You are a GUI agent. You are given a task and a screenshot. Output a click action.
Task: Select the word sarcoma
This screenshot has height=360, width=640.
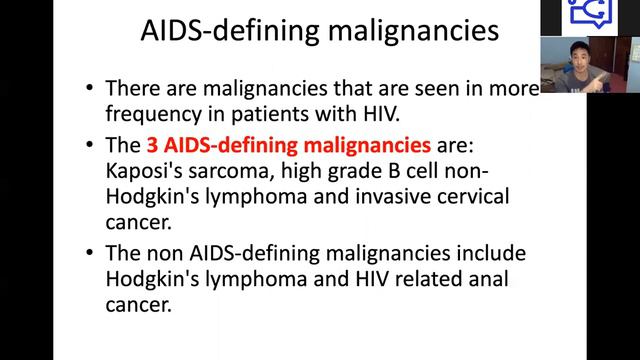(239, 168)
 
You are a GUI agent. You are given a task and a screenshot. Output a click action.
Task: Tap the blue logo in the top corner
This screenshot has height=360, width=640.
(584, 14)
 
